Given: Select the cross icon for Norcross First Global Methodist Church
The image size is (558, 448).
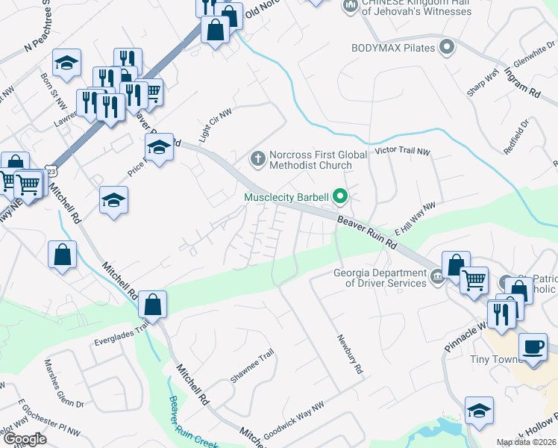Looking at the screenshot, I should [x=257, y=158].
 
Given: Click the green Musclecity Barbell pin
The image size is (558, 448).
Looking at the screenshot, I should [x=341, y=197].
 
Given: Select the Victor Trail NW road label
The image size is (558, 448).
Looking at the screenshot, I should [x=403, y=152].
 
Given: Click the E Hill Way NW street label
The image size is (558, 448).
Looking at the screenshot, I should [x=418, y=217].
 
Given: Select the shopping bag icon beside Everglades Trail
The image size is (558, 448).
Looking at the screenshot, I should [x=152, y=305].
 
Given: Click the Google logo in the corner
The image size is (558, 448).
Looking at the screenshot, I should [x=24, y=438].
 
